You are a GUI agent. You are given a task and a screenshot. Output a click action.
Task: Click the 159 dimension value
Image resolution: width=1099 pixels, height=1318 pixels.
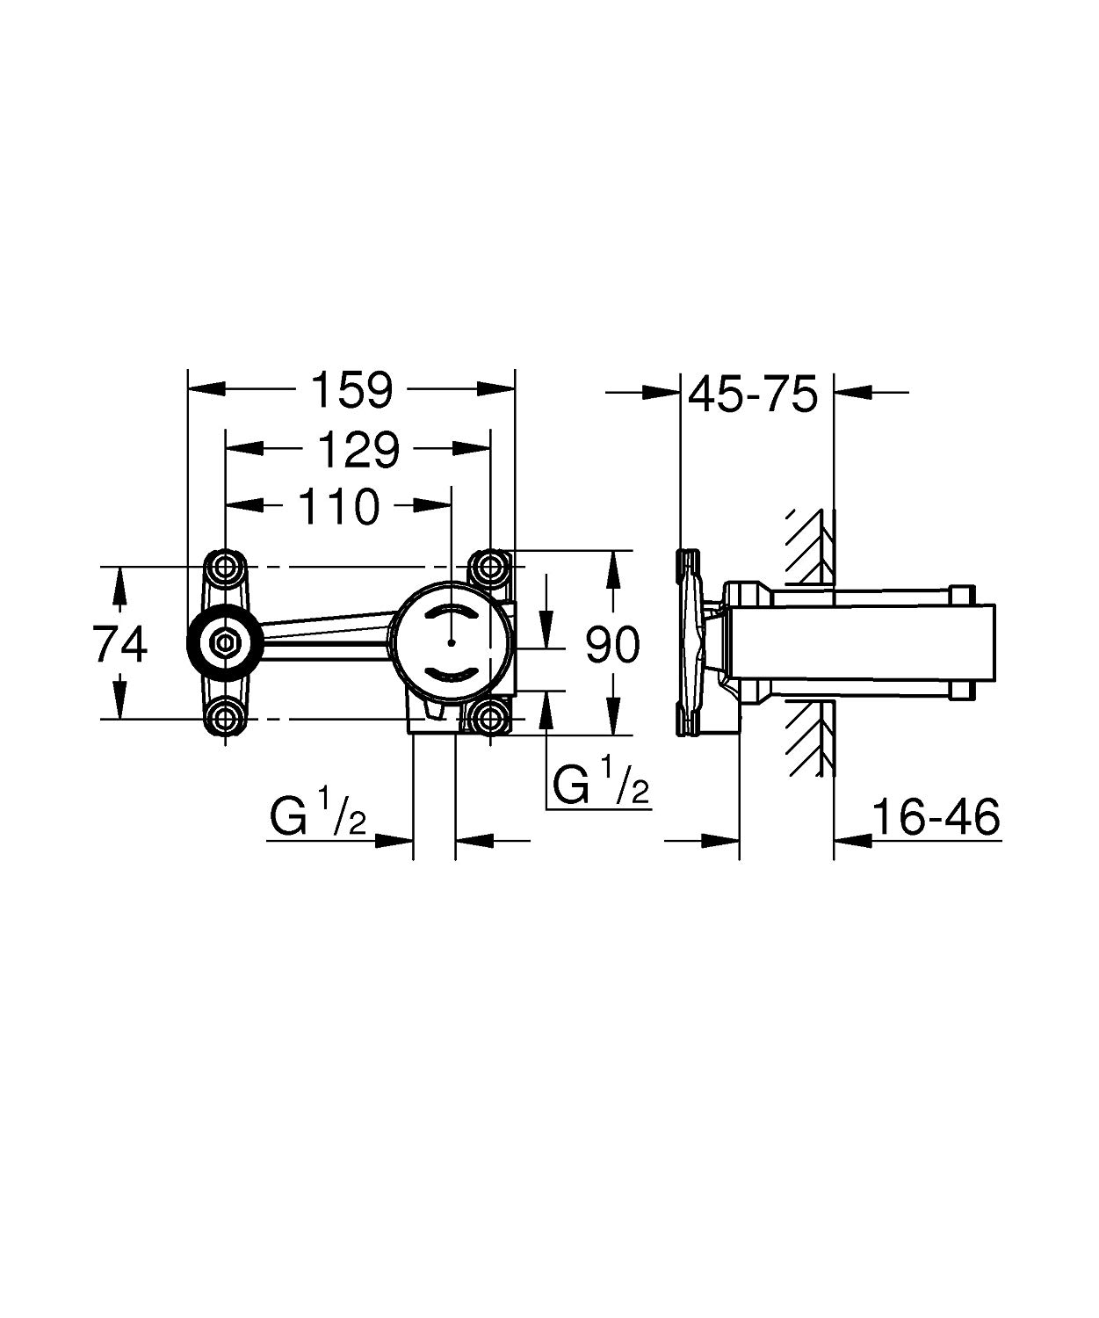[x=353, y=390]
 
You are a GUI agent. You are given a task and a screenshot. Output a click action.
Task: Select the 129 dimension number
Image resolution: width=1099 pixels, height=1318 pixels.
[x=358, y=450]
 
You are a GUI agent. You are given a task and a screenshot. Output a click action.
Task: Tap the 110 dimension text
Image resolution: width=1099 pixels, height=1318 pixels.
[x=339, y=506]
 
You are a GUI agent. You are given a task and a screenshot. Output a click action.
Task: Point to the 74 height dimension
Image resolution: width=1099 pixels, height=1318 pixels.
[x=120, y=646]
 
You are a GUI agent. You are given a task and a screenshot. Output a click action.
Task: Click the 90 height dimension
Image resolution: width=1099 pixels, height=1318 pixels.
[x=612, y=646]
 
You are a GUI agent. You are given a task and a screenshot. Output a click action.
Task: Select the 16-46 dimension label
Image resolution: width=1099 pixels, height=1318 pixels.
[x=936, y=818]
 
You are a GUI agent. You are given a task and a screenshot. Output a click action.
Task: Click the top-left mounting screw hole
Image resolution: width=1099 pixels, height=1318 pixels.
[x=227, y=568]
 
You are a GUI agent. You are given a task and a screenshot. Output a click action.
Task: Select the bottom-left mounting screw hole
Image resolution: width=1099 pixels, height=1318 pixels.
[x=227, y=719]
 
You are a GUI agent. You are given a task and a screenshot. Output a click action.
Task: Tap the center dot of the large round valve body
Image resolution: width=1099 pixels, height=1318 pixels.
[x=450, y=644]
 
